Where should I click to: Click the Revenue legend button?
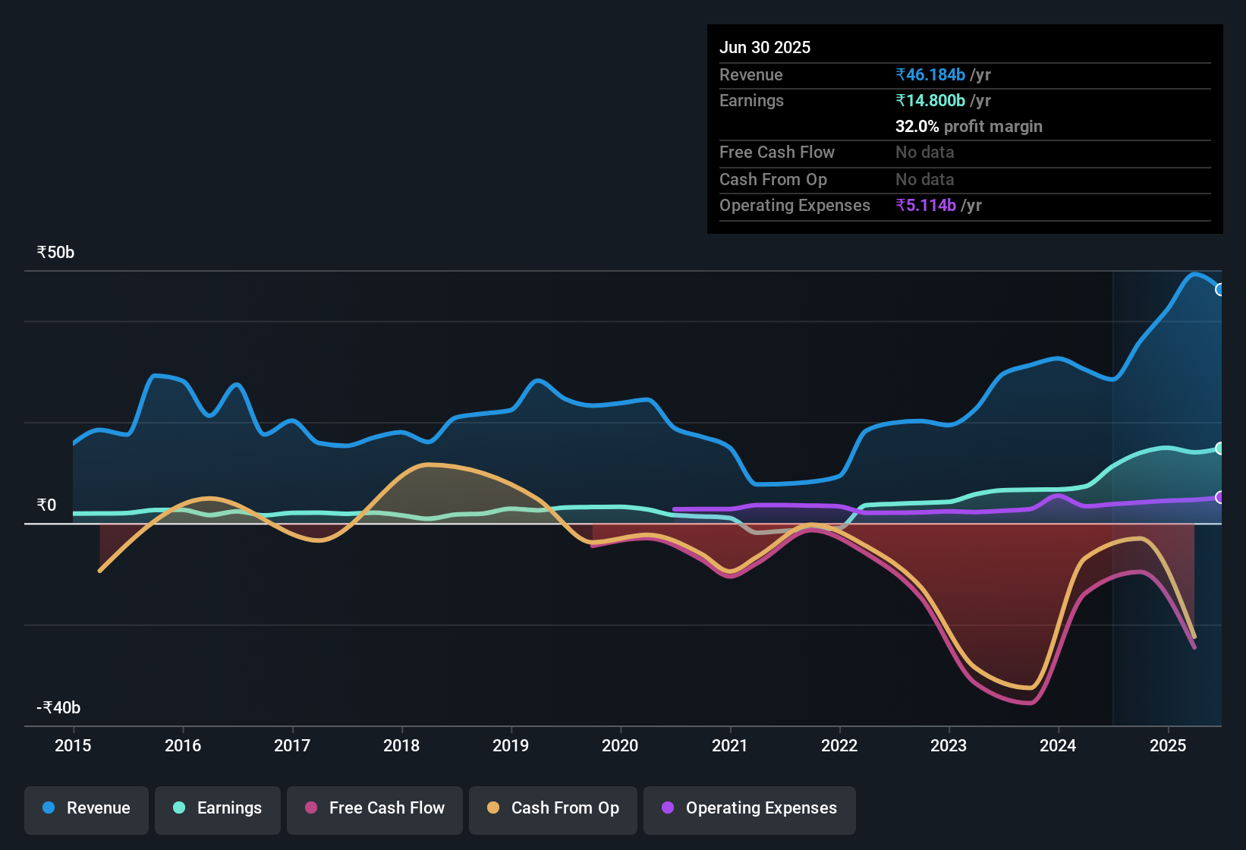pos(87,808)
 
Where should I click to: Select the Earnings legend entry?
pos(218,808)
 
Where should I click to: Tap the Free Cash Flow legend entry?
pos(375,808)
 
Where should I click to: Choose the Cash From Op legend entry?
pos(553,808)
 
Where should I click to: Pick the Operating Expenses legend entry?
pos(750,808)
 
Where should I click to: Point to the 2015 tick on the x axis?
pos(73,745)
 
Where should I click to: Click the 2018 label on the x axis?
pos(401,745)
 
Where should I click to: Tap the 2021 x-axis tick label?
pos(730,745)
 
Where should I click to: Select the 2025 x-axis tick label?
pos(1168,745)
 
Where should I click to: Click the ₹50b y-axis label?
pos(55,253)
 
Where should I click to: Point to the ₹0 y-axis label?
pos(46,505)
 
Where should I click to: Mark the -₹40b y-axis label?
pos(58,708)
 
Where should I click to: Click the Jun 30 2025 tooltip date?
pos(765,47)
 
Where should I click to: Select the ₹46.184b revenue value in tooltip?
pos(930,74)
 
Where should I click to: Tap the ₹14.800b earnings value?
pos(930,100)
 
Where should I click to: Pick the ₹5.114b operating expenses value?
pos(926,205)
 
